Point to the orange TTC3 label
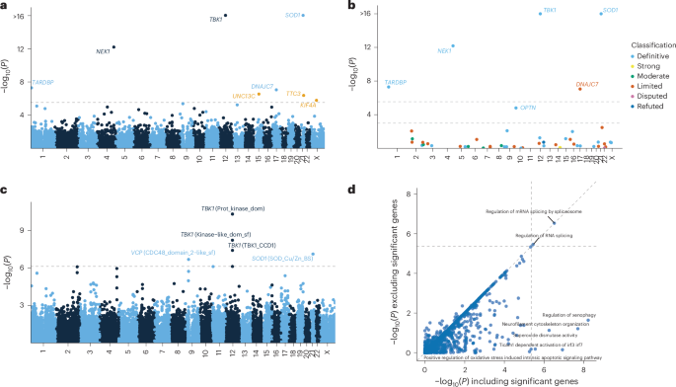[293, 93]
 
